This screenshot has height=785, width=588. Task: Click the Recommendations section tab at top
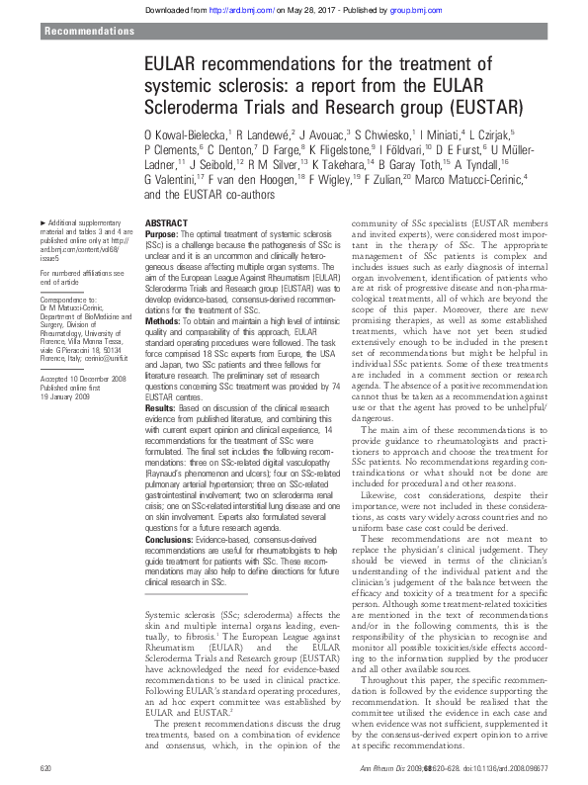click(90, 32)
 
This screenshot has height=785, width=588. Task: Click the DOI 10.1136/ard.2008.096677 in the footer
click(504, 768)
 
